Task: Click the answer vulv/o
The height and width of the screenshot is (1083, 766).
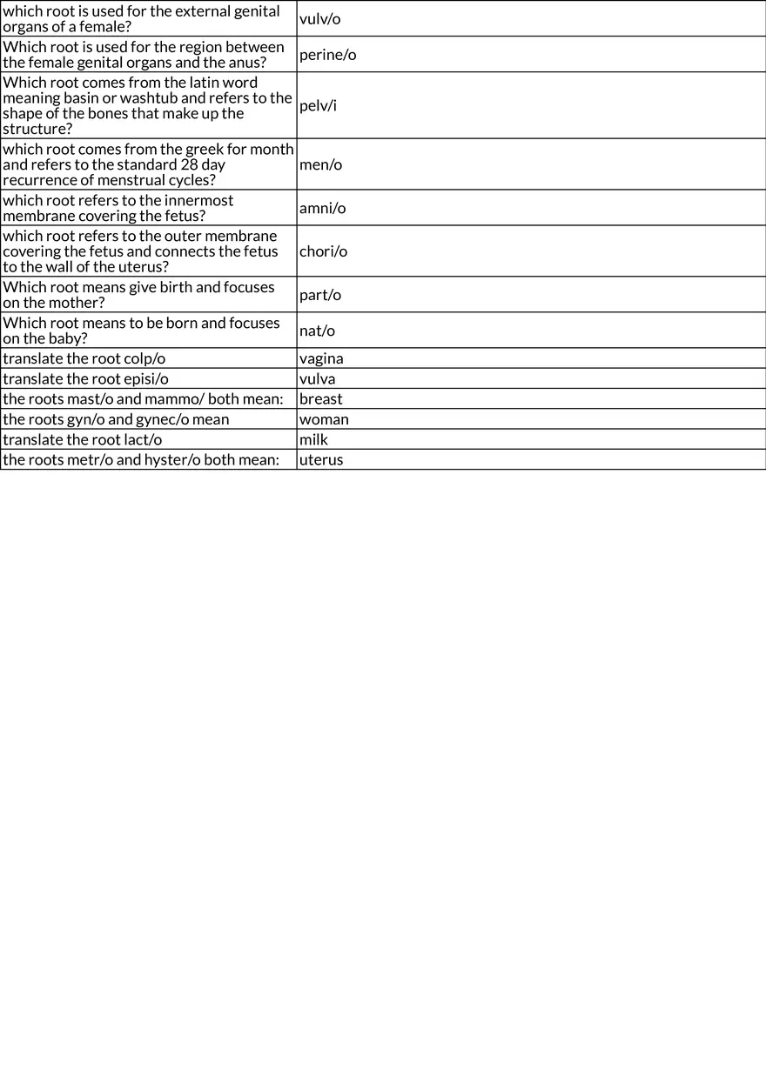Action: (319, 19)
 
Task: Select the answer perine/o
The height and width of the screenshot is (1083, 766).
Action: (327, 55)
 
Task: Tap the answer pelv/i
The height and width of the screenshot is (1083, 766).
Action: (318, 106)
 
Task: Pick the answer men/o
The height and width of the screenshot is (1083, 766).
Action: (320, 164)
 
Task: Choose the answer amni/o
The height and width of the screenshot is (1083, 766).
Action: (322, 208)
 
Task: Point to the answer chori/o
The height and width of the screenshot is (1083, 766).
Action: (323, 251)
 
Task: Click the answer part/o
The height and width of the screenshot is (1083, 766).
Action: (319, 295)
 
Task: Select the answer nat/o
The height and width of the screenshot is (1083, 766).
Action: (317, 331)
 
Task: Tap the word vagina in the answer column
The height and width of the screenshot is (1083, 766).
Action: (321, 358)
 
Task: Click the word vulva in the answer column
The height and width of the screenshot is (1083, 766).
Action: (317, 379)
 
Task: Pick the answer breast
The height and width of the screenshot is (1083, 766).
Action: (320, 399)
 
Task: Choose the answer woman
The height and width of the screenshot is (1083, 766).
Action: (324, 419)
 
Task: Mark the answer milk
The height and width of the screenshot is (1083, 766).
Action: (313, 440)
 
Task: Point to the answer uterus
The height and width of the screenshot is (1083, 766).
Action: (321, 460)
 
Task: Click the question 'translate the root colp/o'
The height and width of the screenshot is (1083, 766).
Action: (84, 358)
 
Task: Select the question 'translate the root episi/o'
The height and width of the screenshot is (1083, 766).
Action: (86, 379)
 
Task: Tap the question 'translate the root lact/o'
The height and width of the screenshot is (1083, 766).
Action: (83, 440)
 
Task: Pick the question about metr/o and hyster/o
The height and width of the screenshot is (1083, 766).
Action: (141, 460)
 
